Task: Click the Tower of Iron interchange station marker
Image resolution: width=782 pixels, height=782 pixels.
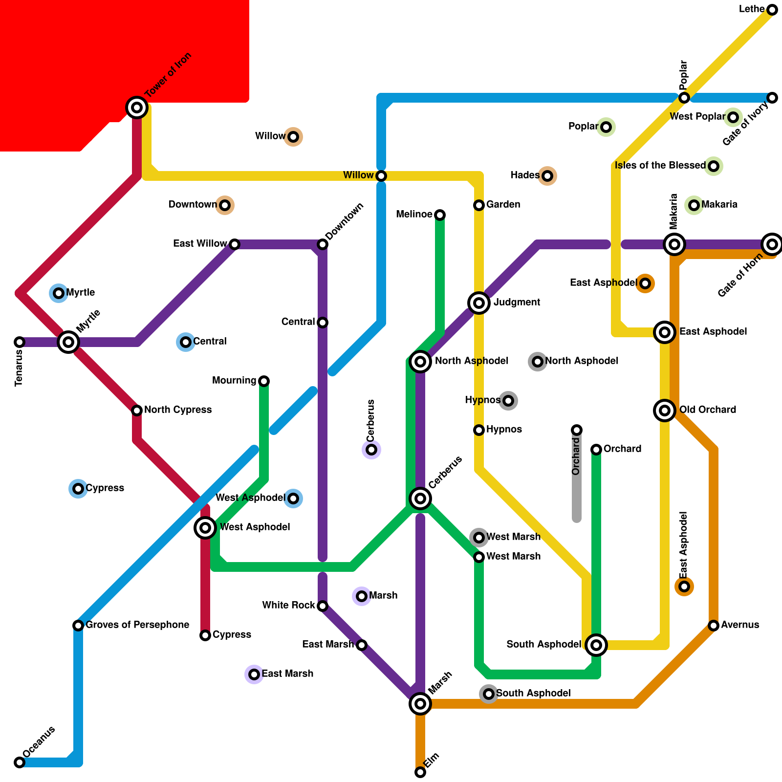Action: pos(137,107)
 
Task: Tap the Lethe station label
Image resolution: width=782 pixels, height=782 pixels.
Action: pos(752,9)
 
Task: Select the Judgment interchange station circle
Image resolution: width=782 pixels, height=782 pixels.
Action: pos(479,303)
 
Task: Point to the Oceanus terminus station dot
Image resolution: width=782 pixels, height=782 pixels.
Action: pos(20,762)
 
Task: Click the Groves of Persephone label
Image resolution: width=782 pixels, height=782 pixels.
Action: pos(137,625)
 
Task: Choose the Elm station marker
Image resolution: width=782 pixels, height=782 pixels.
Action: pos(420,772)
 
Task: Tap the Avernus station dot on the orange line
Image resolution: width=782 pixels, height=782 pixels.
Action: pos(714,626)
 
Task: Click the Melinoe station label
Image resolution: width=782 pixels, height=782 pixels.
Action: pos(414,215)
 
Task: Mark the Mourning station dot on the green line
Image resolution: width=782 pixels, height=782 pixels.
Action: pos(264,381)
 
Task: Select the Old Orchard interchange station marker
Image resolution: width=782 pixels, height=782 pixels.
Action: pos(665,411)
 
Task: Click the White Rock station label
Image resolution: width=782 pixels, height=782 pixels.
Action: pos(288,606)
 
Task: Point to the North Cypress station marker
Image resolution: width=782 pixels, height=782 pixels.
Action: pos(137,411)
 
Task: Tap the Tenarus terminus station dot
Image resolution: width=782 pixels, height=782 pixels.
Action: pos(20,342)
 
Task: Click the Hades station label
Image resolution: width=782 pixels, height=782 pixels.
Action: pos(525,175)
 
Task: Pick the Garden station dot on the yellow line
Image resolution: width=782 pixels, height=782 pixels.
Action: pos(479,205)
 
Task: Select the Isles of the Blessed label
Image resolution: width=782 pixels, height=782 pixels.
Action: pos(660,166)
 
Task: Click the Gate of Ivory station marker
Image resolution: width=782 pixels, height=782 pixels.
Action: pos(772,98)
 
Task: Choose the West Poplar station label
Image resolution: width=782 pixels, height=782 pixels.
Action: pos(697,117)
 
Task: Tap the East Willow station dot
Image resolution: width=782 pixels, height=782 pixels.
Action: pos(235,244)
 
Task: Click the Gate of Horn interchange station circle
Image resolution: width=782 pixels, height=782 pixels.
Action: pos(772,244)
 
